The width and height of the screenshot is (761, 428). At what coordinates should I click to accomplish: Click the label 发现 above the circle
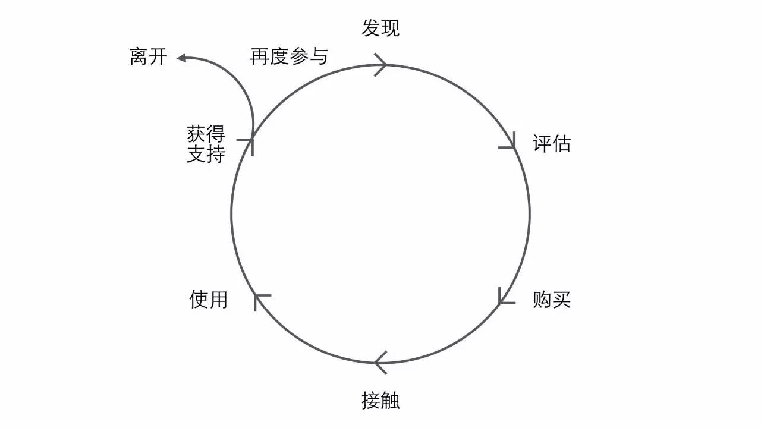point(380,28)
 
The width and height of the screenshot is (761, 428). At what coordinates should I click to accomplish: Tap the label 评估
point(551,143)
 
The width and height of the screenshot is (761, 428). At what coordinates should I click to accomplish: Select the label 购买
point(551,300)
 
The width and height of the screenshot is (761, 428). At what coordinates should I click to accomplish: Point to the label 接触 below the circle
point(380,400)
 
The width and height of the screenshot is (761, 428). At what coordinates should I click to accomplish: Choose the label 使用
point(208,299)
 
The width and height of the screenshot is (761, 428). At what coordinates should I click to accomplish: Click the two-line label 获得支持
point(206,144)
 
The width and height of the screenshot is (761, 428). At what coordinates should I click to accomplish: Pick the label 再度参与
point(289,56)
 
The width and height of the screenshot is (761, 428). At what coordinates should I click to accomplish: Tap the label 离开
point(149,56)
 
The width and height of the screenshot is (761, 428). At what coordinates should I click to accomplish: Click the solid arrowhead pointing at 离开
point(181,58)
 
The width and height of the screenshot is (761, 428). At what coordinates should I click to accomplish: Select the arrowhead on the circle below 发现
point(380,65)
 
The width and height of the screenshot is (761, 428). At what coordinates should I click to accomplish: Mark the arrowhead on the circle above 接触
point(380,363)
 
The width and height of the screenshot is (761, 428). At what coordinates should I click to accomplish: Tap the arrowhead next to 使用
point(262,303)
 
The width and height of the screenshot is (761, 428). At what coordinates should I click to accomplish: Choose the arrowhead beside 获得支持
point(246,147)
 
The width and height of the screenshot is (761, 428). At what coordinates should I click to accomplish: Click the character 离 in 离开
point(139,56)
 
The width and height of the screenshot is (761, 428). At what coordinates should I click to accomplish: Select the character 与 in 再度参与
point(319,56)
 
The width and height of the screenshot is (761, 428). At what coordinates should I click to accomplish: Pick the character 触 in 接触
point(391,400)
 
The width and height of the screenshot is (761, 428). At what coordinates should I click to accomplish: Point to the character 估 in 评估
point(561,143)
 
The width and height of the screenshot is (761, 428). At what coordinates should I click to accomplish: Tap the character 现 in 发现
point(391,28)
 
